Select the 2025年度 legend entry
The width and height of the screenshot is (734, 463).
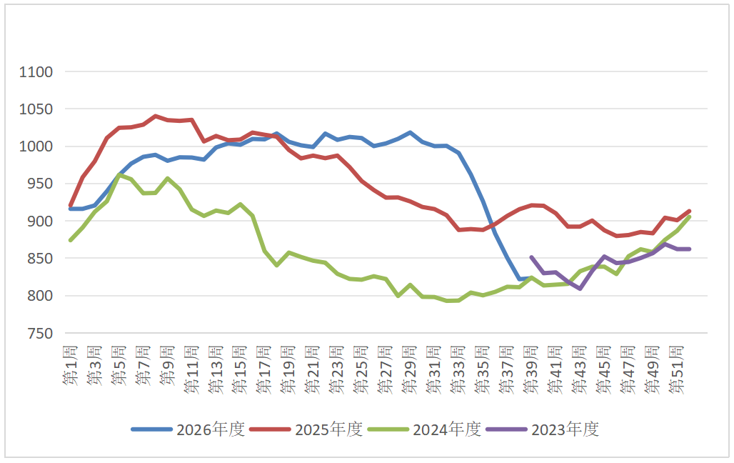tap(306, 429)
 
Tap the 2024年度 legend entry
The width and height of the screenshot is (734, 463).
tap(425, 429)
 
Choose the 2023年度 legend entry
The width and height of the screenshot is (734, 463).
tap(543, 429)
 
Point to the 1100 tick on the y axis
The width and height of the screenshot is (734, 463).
tap(36, 72)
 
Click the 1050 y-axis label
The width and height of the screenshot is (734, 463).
tap(36, 109)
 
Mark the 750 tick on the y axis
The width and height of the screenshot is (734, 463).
tap(40, 333)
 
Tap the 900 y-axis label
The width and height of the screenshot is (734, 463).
tap(40, 221)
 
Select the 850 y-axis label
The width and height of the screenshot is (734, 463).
tap(40, 259)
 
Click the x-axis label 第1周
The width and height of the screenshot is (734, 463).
tap(70, 366)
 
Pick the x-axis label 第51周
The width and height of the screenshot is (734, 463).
tap(676, 369)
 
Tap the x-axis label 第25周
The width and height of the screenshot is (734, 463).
tap(361, 369)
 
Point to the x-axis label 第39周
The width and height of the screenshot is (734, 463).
tap(531, 369)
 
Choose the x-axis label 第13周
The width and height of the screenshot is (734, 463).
tap(216, 369)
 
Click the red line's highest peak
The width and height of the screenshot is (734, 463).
tap(156, 116)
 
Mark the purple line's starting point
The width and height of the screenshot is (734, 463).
tap(531, 257)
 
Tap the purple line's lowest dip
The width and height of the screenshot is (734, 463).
tap(580, 289)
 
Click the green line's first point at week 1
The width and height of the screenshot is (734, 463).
tap(71, 240)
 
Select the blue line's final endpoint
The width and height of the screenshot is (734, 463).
tap(531, 279)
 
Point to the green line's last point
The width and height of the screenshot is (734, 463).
tap(689, 217)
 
